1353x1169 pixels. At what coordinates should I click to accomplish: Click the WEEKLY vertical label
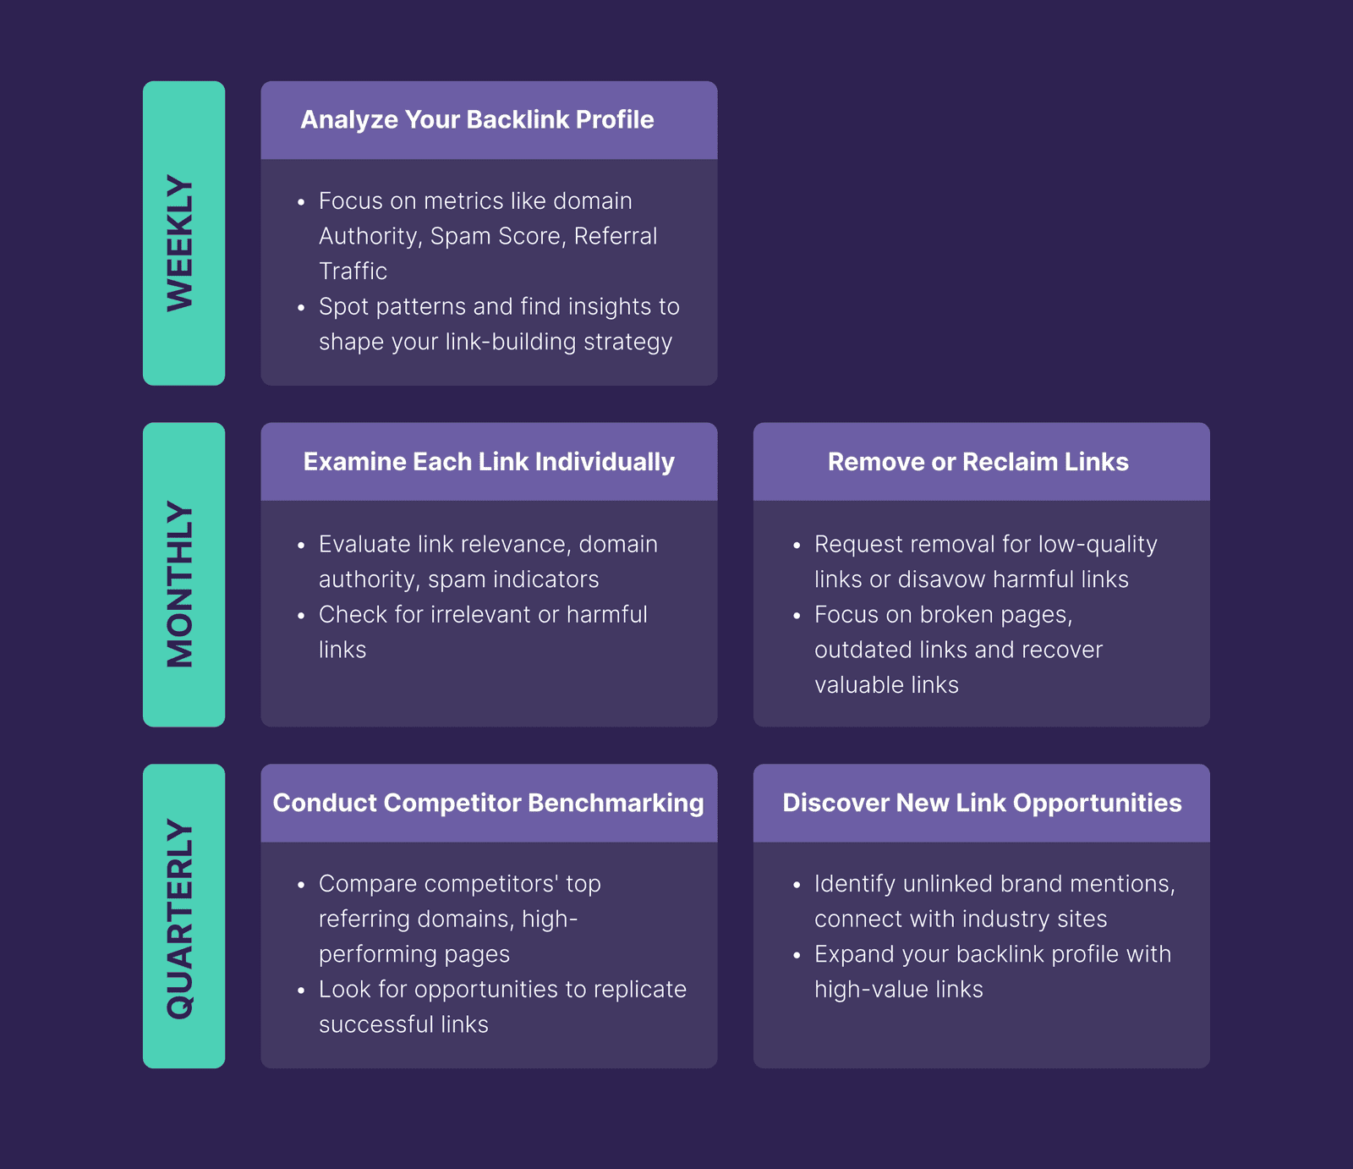pos(181,243)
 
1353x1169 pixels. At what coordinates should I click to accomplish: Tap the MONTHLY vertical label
pos(181,584)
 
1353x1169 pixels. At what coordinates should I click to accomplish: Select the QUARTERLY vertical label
pos(181,919)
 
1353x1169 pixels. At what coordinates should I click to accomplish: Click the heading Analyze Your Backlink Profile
pos(477,120)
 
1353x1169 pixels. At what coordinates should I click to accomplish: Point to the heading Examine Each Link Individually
pos(489,462)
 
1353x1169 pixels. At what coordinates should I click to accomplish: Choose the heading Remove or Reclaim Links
pos(978,462)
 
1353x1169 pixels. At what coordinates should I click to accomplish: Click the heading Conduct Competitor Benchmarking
pos(488,803)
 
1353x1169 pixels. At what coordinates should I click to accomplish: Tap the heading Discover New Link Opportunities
pos(982,803)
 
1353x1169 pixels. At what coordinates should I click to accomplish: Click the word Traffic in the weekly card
pos(353,272)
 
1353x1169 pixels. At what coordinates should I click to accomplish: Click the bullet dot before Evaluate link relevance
pos(301,546)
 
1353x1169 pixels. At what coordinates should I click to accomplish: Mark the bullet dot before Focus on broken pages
pos(797,617)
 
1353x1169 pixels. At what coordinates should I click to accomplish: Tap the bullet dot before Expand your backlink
pos(797,956)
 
